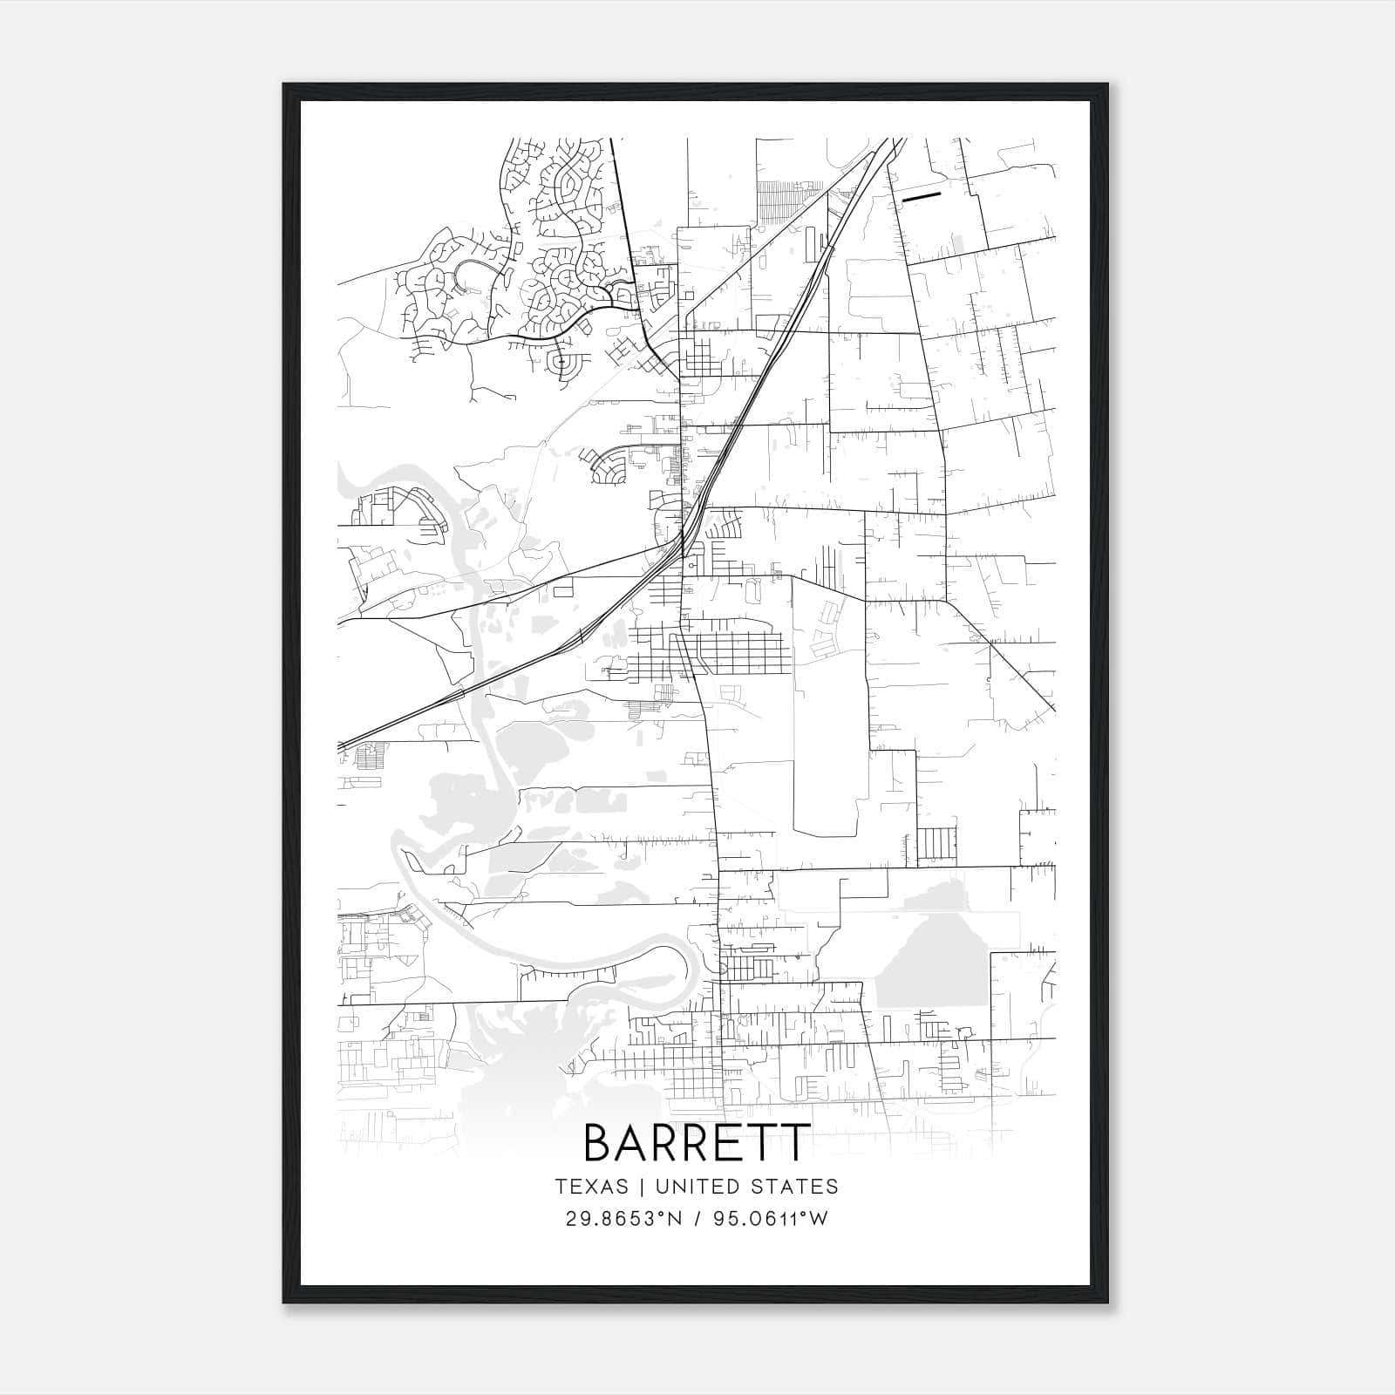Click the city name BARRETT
pyautogui.click(x=697, y=1143)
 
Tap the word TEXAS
pyautogui.click(x=591, y=1187)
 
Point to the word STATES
pyautogui.click(x=795, y=1187)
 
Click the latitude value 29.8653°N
pyautogui.click(x=622, y=1219)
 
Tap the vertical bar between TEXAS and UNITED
pyautogui.click(x=641, y=1187)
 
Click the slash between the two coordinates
pyautogui.click(x=697, y=1219)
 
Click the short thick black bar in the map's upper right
pyautogui.click(x=922, y=197)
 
